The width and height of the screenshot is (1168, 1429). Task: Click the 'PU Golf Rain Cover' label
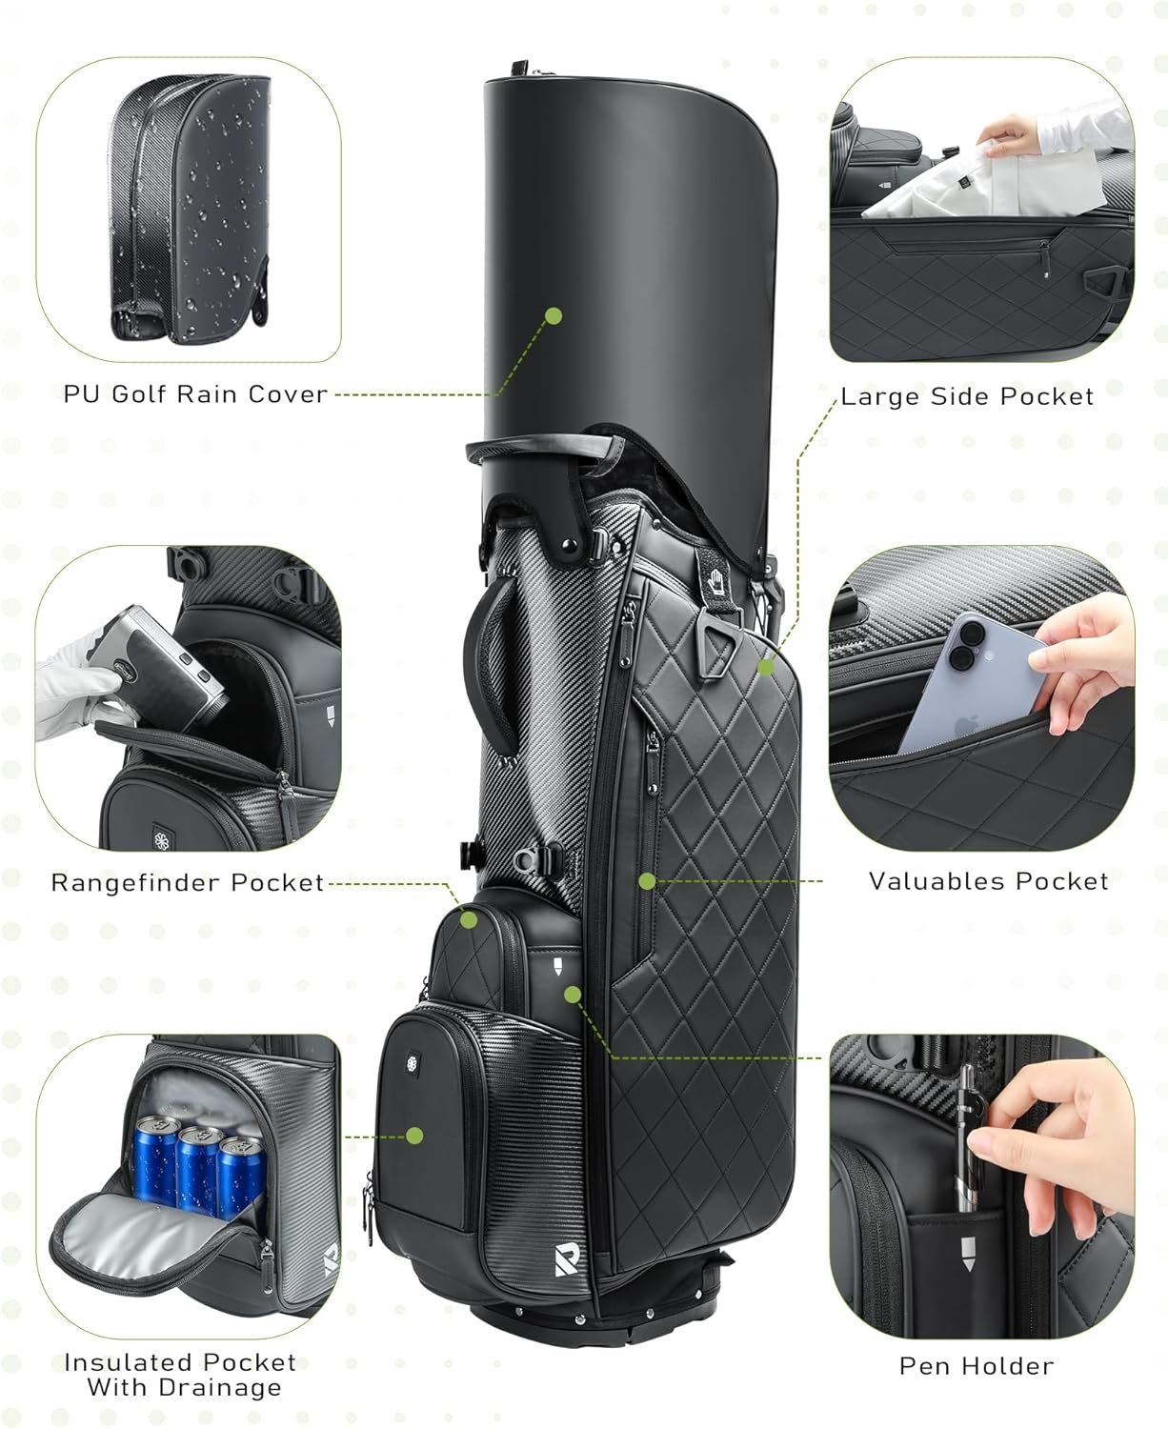(195, 393)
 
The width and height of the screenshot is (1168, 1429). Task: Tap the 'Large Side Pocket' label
(967, 396)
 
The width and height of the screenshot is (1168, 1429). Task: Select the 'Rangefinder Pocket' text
(188, 882)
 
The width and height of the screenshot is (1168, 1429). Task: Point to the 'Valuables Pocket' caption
(988, 881)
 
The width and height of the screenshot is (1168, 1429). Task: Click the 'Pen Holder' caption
(977, 1365)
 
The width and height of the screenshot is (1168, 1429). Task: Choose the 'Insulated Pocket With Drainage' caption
(181, 1375)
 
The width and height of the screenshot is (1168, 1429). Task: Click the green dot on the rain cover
(554, 315)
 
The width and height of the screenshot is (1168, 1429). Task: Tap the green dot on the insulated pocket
(413, 1135)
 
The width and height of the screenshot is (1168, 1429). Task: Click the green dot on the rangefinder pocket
(469, 919)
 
